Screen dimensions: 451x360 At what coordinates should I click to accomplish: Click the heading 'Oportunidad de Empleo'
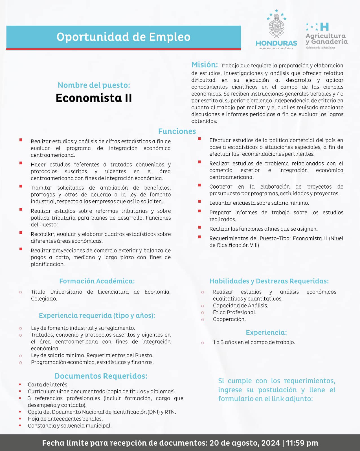[x=123, y=37]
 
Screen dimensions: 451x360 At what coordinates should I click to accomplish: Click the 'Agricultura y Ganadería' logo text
[x=326, y=39]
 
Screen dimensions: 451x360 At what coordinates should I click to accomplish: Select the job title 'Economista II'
[x=94, y=98]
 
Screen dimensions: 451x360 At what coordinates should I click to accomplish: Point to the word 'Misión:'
[x=205, y=65]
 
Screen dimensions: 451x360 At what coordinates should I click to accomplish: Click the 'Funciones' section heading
[x=177, y=131]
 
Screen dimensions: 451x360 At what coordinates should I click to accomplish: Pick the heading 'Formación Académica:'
[x=97, y=281]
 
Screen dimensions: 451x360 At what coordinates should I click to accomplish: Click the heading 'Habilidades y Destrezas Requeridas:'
[x=269, y=281]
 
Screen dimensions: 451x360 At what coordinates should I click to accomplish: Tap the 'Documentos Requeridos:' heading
[x=101, y=376]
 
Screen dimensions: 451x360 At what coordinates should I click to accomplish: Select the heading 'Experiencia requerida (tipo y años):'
[x=97, y=315]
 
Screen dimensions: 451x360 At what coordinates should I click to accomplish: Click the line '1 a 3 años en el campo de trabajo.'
[x=254, y=342]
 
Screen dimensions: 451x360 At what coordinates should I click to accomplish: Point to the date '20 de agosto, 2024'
[x=245, y=443]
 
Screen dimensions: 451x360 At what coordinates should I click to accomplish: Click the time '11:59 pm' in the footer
[x=302, y=443]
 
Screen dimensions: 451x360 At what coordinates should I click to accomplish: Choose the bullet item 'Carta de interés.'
[x=48, y=384]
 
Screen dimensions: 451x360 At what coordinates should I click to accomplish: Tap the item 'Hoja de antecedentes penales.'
[x=65, y=419]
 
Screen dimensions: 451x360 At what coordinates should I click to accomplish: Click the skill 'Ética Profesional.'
[x=234, y=312]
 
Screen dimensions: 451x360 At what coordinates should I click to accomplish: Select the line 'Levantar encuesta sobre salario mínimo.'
[x=259, y=203]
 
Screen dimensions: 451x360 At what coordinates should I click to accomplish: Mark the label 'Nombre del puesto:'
[x=94, y=85]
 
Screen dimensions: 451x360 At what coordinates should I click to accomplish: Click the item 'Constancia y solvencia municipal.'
[x=70, y=426]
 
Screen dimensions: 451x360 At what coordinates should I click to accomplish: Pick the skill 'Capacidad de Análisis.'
[x=240, y=306]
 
